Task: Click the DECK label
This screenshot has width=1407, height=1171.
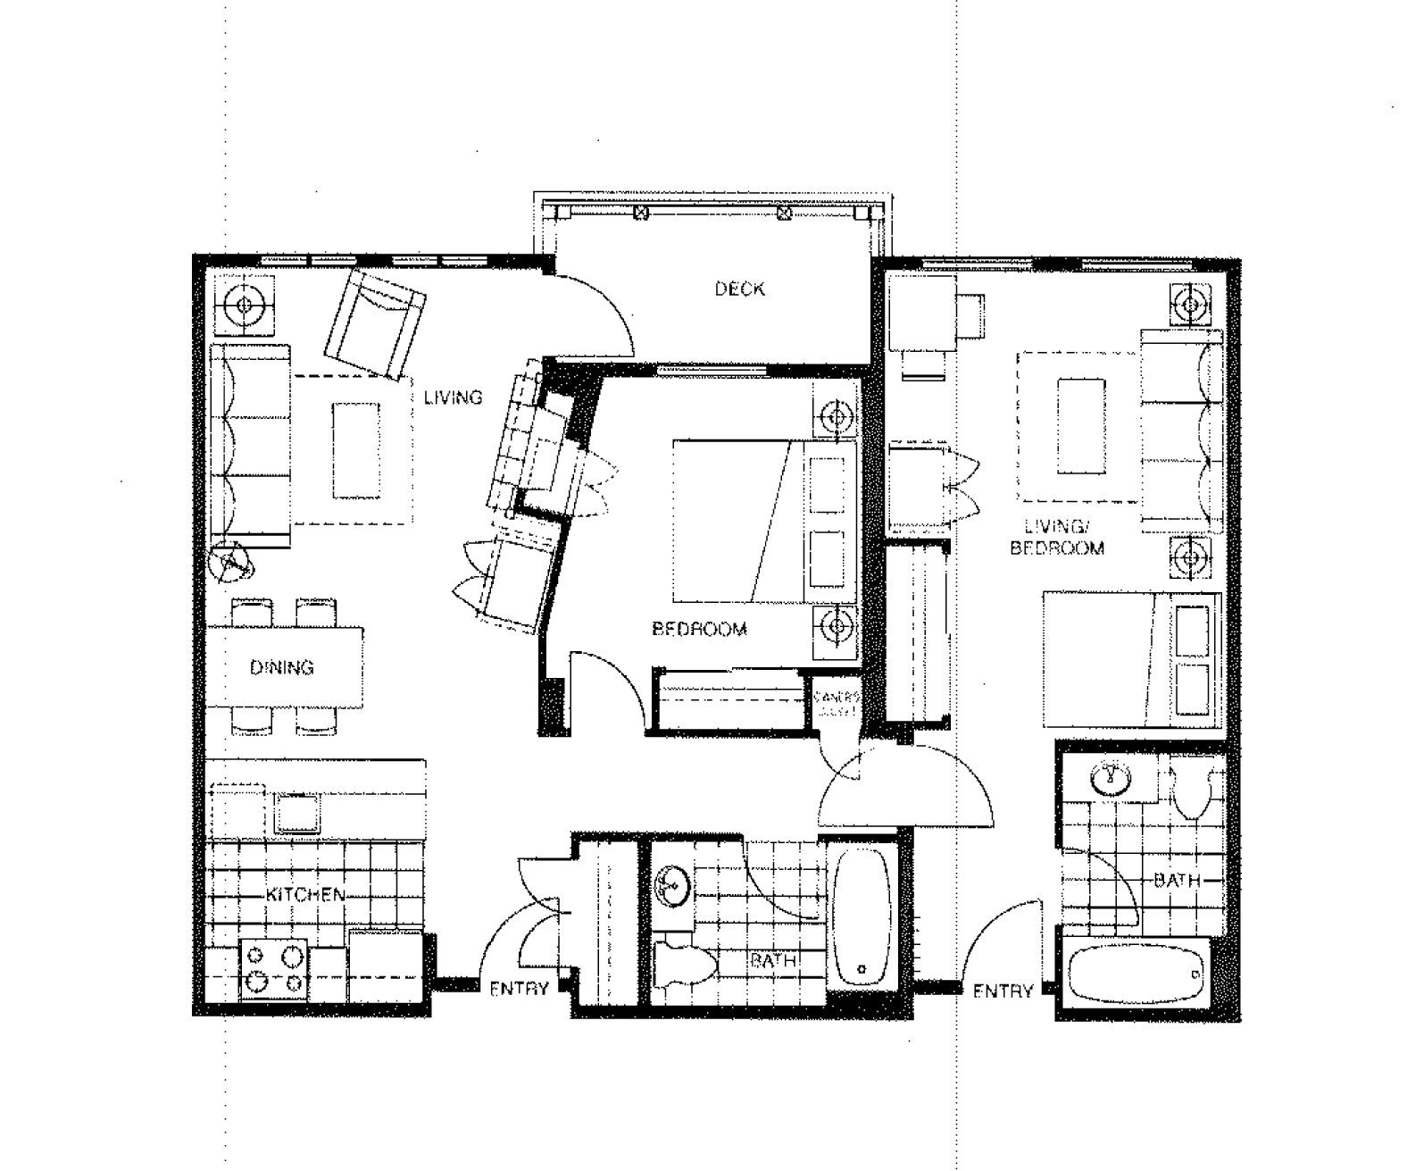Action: tap(739, 289)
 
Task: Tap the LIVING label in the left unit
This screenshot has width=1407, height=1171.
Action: tap(453, 397)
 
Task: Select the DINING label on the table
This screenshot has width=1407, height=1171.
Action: tap(282, 667)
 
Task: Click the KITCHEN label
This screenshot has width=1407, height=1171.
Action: tap(305, 894)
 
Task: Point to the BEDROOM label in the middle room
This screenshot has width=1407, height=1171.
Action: tap(699, 629)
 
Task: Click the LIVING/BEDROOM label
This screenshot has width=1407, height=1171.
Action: tap(1056, 537)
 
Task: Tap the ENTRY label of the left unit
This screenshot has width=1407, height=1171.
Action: tap(519, 989)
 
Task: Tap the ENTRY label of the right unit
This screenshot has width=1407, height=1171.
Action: tap(1003, 991)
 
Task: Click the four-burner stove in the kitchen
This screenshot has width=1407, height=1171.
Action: tap(274, 970)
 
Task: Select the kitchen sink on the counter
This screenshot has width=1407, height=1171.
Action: tap(298, 812)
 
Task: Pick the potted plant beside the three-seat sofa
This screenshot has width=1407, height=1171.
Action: tap(230, 563)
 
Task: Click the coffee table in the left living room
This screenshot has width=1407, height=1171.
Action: tap(356, 450)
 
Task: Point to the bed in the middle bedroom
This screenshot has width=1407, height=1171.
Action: tap(741, 521)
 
